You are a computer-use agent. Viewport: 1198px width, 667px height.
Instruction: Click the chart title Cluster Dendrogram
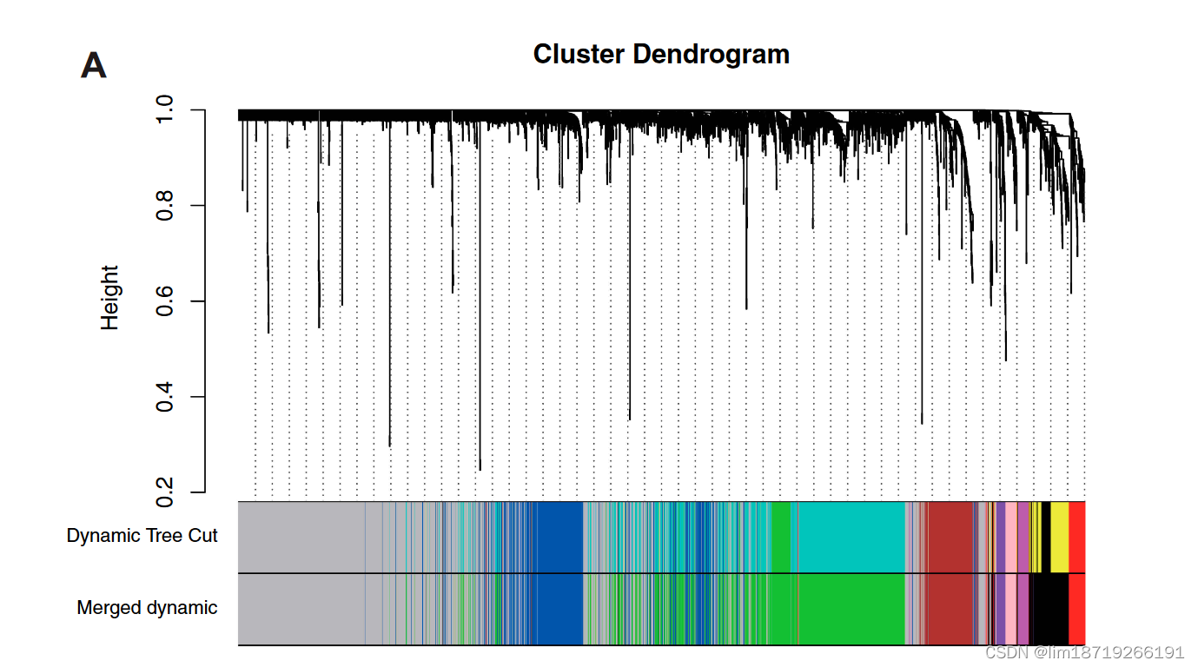point(661,54)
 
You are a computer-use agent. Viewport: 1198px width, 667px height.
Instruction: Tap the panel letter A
point(94,66)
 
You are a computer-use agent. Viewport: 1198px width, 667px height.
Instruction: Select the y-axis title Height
point(109,298)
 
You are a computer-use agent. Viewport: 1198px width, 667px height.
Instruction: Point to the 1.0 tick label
point(165,110)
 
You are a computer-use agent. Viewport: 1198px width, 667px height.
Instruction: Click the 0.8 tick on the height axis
point(165,206)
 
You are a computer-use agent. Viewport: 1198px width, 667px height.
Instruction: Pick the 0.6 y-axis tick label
point(165,301)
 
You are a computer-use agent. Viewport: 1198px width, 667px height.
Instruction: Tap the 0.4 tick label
point(165,397)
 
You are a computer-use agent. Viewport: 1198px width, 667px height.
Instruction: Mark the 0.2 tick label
point(165,492)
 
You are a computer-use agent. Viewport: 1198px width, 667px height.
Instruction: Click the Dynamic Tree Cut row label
point(142,536)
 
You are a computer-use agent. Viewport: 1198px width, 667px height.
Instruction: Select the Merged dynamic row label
point(147,608)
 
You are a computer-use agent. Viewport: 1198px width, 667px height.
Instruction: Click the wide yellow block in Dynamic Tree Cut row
point(1059,537)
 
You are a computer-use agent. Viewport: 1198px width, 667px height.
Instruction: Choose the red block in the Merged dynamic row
point(1076,609)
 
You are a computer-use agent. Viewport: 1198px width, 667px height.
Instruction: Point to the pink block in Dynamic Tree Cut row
point(1011,537)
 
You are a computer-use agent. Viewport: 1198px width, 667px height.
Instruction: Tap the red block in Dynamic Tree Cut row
point(1076,537)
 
